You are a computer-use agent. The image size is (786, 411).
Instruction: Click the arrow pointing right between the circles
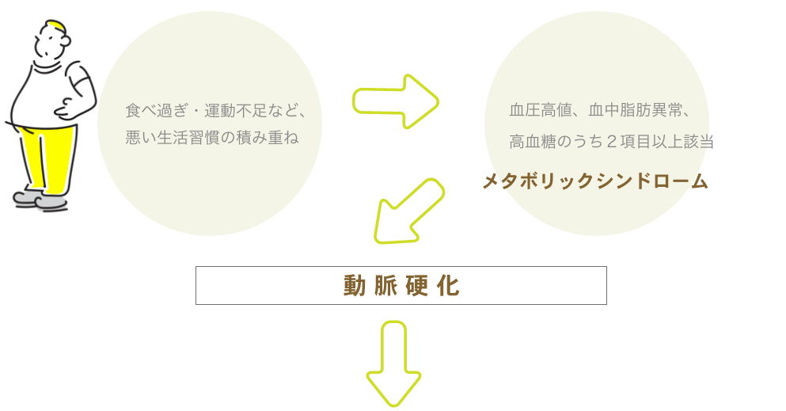tap(396, 101)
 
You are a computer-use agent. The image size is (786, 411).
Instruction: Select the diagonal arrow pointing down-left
tap(409, 211)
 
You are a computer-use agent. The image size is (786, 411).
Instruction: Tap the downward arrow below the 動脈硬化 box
tap(393, 363)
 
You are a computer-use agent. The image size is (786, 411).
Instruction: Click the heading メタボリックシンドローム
tap(595, 181)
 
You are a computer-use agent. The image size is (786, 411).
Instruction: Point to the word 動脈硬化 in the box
tap(401, 286)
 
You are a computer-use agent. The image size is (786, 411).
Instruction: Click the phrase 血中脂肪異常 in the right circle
tap(635, 110)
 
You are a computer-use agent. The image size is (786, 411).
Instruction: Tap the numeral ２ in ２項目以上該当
tap(611, 142)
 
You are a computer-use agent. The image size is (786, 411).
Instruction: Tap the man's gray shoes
tap(40, 200)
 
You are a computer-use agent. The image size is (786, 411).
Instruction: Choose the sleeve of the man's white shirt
tap(80, 79)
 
